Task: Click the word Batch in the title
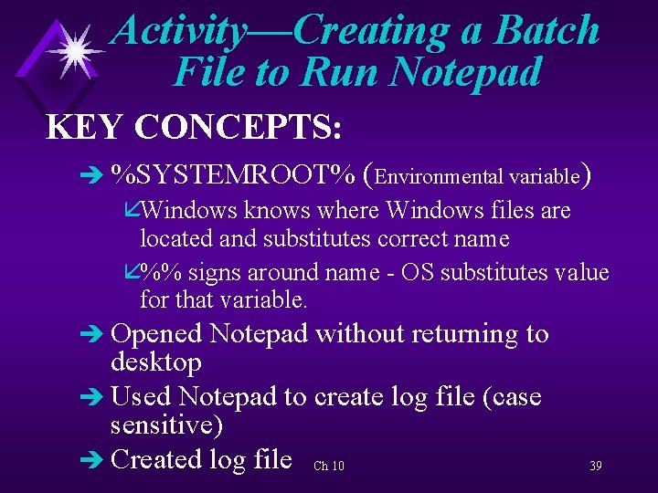click(x=547, y=30)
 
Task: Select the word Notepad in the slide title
click(x=465, y=72)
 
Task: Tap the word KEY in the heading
click(x=84, y=127)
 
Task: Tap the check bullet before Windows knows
click(x=132, y=211)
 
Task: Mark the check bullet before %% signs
click(x=132, y=273)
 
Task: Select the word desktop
click(x=155, y=362)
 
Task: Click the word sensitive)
click(x=167, y=425)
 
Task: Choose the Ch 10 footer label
click(x=328, y=467)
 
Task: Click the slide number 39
click(x=595, y=467)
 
